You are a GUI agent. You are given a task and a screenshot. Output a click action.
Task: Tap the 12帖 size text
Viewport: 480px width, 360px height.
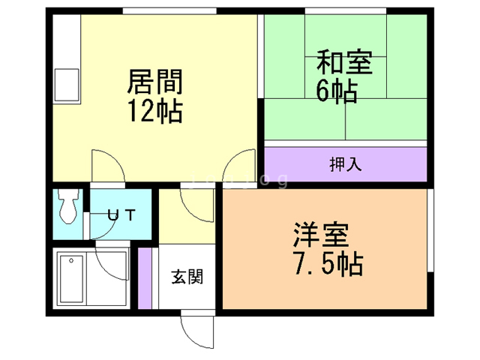(156, 111)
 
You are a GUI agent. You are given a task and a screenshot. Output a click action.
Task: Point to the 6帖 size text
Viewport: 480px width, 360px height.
(335, 91)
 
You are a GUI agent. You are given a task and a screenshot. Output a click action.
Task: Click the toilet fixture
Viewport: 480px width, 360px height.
(69, 205)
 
